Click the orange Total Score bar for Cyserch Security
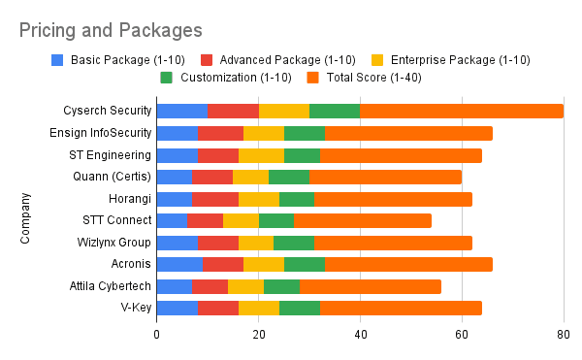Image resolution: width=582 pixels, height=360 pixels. pos(462,111)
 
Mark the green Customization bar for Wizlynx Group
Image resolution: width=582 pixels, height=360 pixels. pos(293,242)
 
